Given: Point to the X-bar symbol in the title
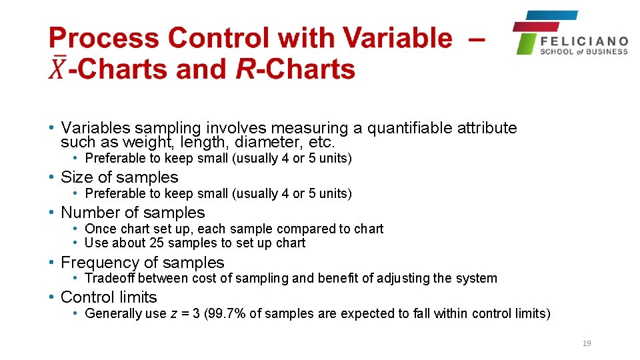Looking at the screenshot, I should tap(57, 69).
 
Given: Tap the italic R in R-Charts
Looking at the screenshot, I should tap(245, 69).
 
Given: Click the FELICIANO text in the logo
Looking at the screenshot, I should tap(583, 41).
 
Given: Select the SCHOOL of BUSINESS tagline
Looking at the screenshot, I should tap(583, 52).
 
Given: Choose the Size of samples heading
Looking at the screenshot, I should tap(119, 177).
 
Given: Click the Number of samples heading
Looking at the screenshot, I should tap(133, 213).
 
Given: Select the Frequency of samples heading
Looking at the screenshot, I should tap(142, 263).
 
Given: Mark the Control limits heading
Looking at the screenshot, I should tap(109, 297).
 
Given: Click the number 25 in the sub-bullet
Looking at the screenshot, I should tap(158, 243).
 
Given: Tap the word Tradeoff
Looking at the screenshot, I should tap(110, 279).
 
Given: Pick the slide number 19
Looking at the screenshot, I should tap(587, 343).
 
